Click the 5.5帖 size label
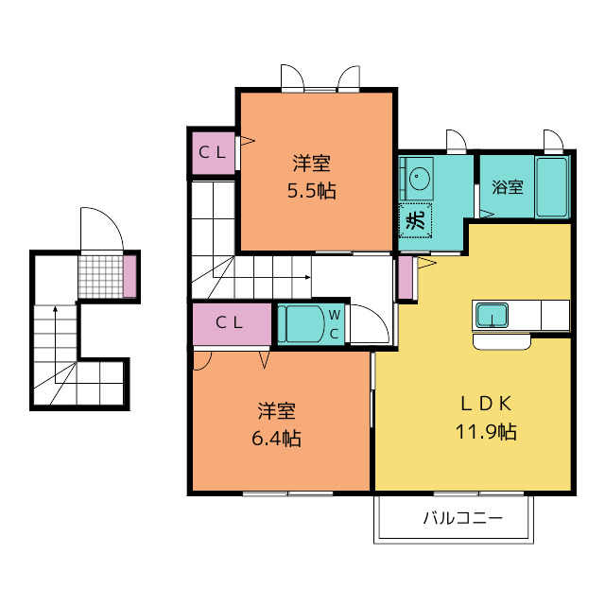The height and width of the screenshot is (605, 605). click(x=311, y=191)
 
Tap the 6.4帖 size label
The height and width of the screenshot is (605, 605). click(x=276, y=439)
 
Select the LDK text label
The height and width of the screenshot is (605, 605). click(x=486, y=404)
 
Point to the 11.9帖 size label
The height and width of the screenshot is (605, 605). click(x=486, y=432)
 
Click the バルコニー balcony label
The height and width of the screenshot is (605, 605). click(x=463, y=518)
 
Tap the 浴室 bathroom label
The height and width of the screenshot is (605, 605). click(x=508, y=187)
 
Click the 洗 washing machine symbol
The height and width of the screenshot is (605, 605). click(x=415, y=220)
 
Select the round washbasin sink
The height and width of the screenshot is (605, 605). click(x=420, y=179)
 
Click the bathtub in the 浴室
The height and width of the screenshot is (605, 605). click(x=552, y=187)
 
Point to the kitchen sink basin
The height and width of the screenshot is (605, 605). click(x=492, y=315)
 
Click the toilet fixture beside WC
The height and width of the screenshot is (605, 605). click(x=302, y=324)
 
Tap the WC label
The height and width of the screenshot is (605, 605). click(x=334, y=324)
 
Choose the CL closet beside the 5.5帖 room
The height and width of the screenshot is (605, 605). click(x=214, y=153)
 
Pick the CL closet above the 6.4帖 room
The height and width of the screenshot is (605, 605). click(x=232, y=323)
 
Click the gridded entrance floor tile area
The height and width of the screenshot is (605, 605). click(x=101, y=276)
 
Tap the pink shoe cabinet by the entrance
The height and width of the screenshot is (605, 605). click(x=130, y=276)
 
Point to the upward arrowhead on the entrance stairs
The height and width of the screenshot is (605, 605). click(x=55, y=309)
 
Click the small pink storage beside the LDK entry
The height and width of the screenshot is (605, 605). click(x=406, y=277)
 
